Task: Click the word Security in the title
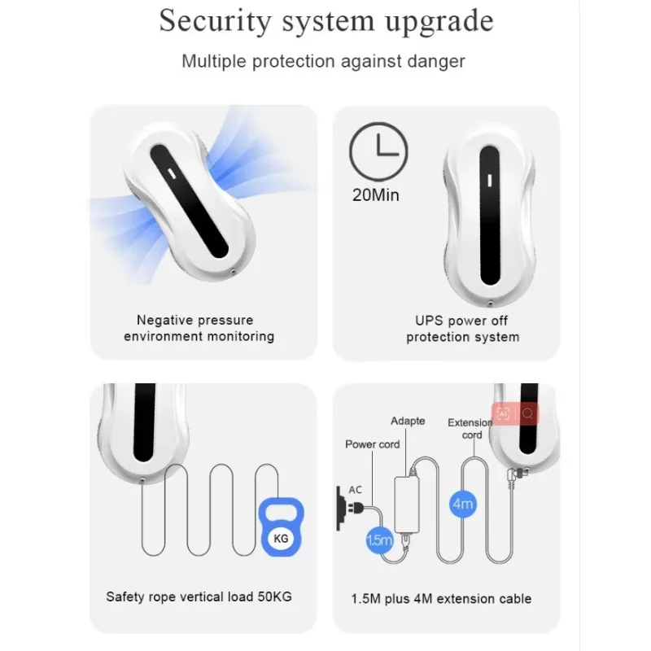[x=216, y=22]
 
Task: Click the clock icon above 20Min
[x=378, y=151]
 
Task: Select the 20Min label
[x=376, y=194]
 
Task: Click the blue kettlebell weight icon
[x=281, y=526]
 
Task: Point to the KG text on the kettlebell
[x=281, y=539]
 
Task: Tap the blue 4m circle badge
[x=462, y=504]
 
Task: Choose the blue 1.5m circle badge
[x=379, y=540]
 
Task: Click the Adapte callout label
[x=408, y=421]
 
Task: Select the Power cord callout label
[x=373, y=444]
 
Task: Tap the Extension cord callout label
[x=470, y=429]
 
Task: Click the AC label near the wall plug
[x=355, y=490]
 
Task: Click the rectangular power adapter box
[x=406, y=505]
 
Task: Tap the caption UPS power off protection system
[x=462, y=329]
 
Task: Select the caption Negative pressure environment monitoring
[x=199, y=328]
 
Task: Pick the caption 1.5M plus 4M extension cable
[x=441, y=599]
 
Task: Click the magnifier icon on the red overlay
[x=527, y=413]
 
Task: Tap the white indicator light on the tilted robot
[x=172, y=173]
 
